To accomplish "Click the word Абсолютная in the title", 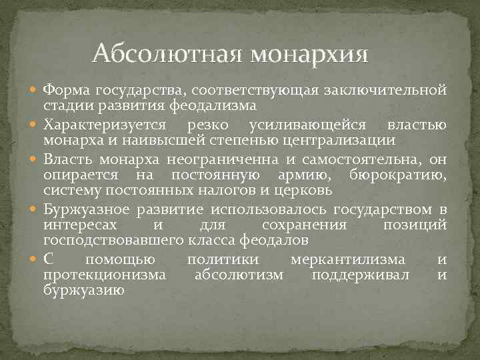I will (165, 52).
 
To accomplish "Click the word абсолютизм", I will (239, 275).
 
